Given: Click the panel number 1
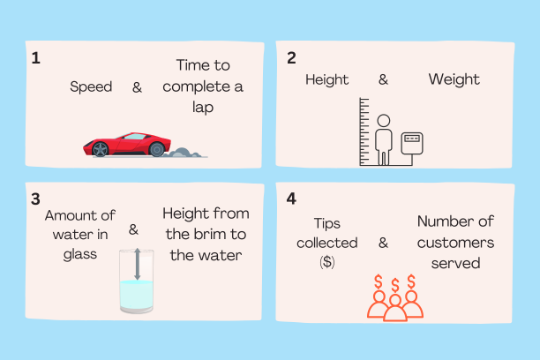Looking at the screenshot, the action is (36, 58).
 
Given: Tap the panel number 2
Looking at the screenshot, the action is (291, 58).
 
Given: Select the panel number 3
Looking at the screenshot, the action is (35, 199).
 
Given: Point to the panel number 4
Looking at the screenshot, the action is (291, 199).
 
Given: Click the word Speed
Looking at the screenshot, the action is (91, 86).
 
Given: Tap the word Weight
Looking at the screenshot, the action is (454, 80).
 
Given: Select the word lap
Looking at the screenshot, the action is (203, 108).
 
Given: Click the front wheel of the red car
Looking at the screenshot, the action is (101, 149).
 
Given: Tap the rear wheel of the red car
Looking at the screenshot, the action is (157, 149).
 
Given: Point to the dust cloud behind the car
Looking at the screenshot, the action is (184, 153).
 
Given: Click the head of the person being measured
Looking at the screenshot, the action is (383, 121).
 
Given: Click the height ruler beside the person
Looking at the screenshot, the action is (364, 131).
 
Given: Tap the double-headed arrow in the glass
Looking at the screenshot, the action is (138, 264).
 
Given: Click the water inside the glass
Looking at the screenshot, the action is (137, 295).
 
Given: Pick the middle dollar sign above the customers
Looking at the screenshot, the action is (395, 285).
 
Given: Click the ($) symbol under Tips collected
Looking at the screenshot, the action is (326, 263).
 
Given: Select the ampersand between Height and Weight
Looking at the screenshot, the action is (383, 79).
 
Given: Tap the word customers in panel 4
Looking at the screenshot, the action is (455, 243).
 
